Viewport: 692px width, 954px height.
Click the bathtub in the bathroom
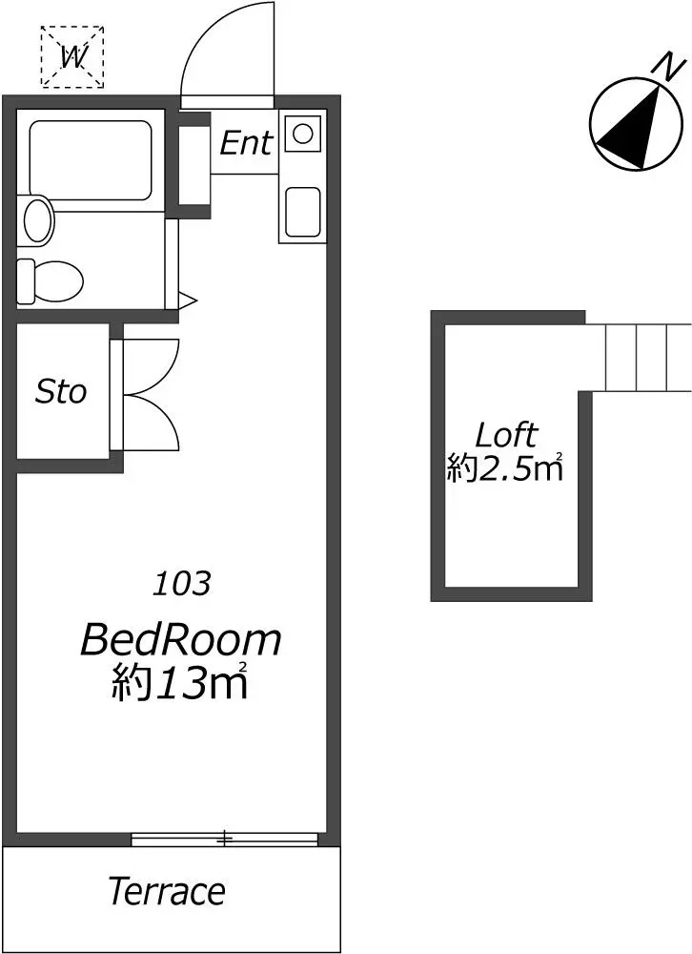[90, 160]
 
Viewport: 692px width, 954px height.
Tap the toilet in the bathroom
[50, 281]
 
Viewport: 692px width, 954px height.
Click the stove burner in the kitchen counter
[303, 133]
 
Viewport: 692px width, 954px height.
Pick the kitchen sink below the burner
[302, 211]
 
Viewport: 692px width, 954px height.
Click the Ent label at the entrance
[246, 143]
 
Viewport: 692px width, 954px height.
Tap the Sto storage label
[61, 391]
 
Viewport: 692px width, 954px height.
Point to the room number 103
[181, 584]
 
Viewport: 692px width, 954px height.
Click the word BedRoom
[180, 639]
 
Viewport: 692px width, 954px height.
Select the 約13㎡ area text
[179, 682]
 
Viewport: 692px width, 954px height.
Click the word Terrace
[167, 891]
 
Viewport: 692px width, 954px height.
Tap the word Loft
[506, 435]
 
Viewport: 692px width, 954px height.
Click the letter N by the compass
[667, 66]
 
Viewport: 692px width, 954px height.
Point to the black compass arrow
[629, 127]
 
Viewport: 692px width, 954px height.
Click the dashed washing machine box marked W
[72, 57]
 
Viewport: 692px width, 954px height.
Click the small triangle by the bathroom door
[187, 299]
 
